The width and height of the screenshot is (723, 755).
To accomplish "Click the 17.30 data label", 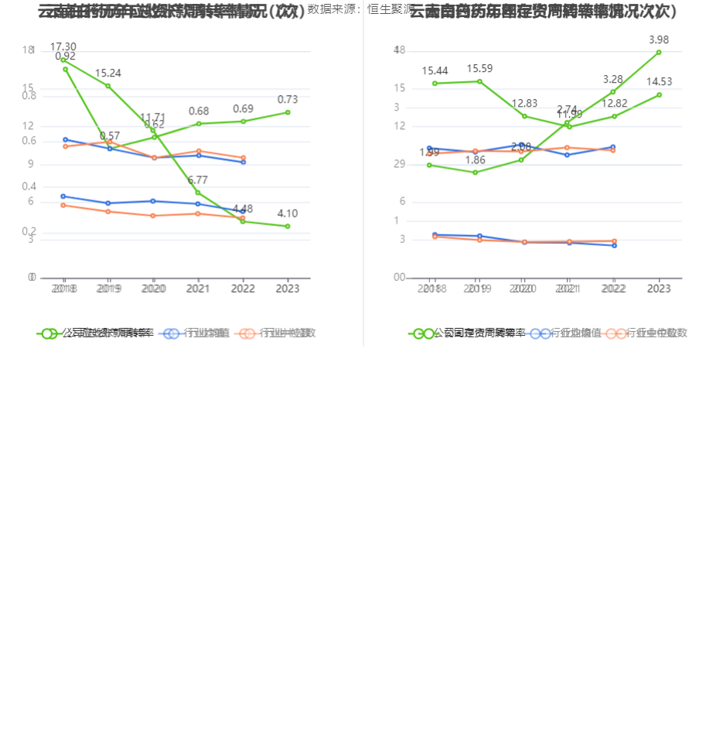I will [x=63, y=47].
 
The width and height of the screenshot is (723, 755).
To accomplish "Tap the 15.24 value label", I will [x=108, y=73].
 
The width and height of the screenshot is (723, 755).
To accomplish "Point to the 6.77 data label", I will [x=198, y=180].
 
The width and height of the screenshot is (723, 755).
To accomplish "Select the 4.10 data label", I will [x=288, y=214].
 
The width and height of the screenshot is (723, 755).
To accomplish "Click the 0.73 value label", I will [x=288, y=100].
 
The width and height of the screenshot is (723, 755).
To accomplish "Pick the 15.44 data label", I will [x=435, y=71].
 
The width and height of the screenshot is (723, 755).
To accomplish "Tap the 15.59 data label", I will [x=479, y=69].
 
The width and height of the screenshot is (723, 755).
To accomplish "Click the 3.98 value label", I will [x=659, y=39].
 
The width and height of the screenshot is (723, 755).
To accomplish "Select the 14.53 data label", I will [x=659, y=82].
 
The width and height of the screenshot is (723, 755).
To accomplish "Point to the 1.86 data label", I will [x=476, y=160].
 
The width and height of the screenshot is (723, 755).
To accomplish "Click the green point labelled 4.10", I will [x=288, y=227].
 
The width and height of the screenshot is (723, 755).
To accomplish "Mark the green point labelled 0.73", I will [x=288, y=112].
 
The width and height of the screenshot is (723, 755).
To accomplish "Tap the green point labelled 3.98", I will [x=659, y=52].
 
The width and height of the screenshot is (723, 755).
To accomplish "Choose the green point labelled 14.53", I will [x=659, y=94].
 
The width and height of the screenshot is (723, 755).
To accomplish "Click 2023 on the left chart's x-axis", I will [x=288, y=289].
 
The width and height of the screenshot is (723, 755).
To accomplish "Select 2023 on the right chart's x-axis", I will [x=659, y=289].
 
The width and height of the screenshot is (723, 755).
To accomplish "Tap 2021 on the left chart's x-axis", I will [x=198, y=289].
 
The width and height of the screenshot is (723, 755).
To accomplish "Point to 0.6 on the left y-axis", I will [x=29, y=141].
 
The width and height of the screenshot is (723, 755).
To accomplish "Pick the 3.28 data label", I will [x=613, y=79].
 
